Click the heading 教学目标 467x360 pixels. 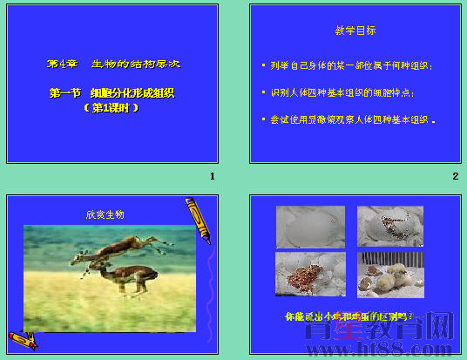pyautogui.click(x=355, y=31)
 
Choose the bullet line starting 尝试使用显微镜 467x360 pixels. pyautogui.click(x=352, y=119)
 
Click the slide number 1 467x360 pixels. pyautogui.click(x=212, y=176)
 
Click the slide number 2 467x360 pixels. pyautogui.click(x=455, y=176)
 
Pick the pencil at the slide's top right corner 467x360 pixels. pyautogui.click(x=199, y=221)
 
